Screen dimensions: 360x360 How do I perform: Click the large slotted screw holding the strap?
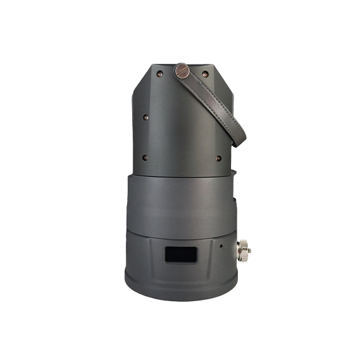point(182,70)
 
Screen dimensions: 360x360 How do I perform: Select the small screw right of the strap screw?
point(205,74)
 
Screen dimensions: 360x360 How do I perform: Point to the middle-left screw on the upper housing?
point(145,116)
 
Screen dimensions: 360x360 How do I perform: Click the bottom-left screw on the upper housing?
point(145,157)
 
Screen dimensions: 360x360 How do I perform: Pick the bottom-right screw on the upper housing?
point(218,158)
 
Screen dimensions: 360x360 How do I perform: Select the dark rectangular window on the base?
point(181,255)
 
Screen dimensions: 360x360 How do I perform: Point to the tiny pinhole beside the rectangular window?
point(220,245)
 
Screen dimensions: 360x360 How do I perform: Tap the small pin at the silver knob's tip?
point(249,250)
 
